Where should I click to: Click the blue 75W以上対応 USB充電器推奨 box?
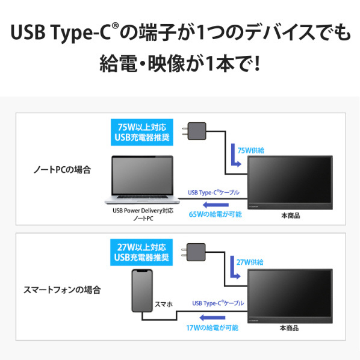pyautogui.click(x=142, y=132)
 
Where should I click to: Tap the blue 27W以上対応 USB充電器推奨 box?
pyautogui.click(x=141, y=252)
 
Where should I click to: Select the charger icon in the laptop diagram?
pyautogui.click(x=194, y=131)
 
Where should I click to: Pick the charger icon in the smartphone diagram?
pyautogui.click(x=194, y=252)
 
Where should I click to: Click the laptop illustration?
pyautogui.click(x=142, y=180)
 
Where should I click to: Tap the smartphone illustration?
pyautogui.click(x=142, y=291)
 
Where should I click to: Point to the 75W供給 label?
pyautogui.click(x=250, y=151)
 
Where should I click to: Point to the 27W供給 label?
pyautogui.click(x=250, y=262)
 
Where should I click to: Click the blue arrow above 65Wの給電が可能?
pyautogui.click(x=216, y=205)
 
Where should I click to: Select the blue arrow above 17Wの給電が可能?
pyautogui.click(x=213, y=318)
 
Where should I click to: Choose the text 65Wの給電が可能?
pyautogui.click(x=215, y=214)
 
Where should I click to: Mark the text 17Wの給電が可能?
pyautogui.click(x=212, y=328)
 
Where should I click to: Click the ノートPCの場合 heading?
pyautogui.click(x=62, y=170)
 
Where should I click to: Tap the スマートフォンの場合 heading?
pyautogui.click(x=62, y=290)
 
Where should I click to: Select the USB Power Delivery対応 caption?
pyautogui.click(x=143, y=211)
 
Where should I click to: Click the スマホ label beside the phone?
pyautogui.click(x=164, y=305)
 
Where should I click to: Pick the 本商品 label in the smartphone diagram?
pyautogui.click(x=289, y=328)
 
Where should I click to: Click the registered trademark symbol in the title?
pyautogui.click(x=115, y=25)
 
